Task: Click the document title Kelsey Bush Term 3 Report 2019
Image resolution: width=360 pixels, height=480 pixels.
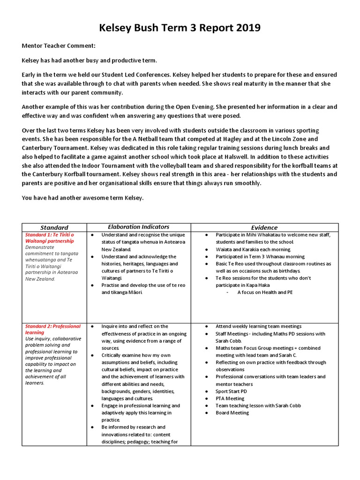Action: [x=180, y=29]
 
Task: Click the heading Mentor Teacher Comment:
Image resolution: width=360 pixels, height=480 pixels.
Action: [x=59, y=46]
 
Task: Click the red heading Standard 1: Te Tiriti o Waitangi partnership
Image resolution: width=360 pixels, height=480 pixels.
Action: [x=49, y=238]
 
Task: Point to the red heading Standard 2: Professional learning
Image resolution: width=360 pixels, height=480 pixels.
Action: [x=52, y=329]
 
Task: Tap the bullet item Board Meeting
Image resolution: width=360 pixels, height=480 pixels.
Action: [x=232, y=413]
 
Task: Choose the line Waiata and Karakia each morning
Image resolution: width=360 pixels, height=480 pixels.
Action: [x=253, y=249]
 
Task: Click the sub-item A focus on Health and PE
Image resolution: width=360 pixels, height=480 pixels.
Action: [x=265, y=292]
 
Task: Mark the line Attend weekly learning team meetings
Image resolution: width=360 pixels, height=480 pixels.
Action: [x=258, y=326]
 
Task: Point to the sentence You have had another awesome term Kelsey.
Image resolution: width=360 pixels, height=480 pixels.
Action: [x=83, y=198]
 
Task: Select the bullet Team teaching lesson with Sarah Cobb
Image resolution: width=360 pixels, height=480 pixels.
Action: [x=258, y=406]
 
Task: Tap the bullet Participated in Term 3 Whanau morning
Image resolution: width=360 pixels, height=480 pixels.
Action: [x=260, y=257]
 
